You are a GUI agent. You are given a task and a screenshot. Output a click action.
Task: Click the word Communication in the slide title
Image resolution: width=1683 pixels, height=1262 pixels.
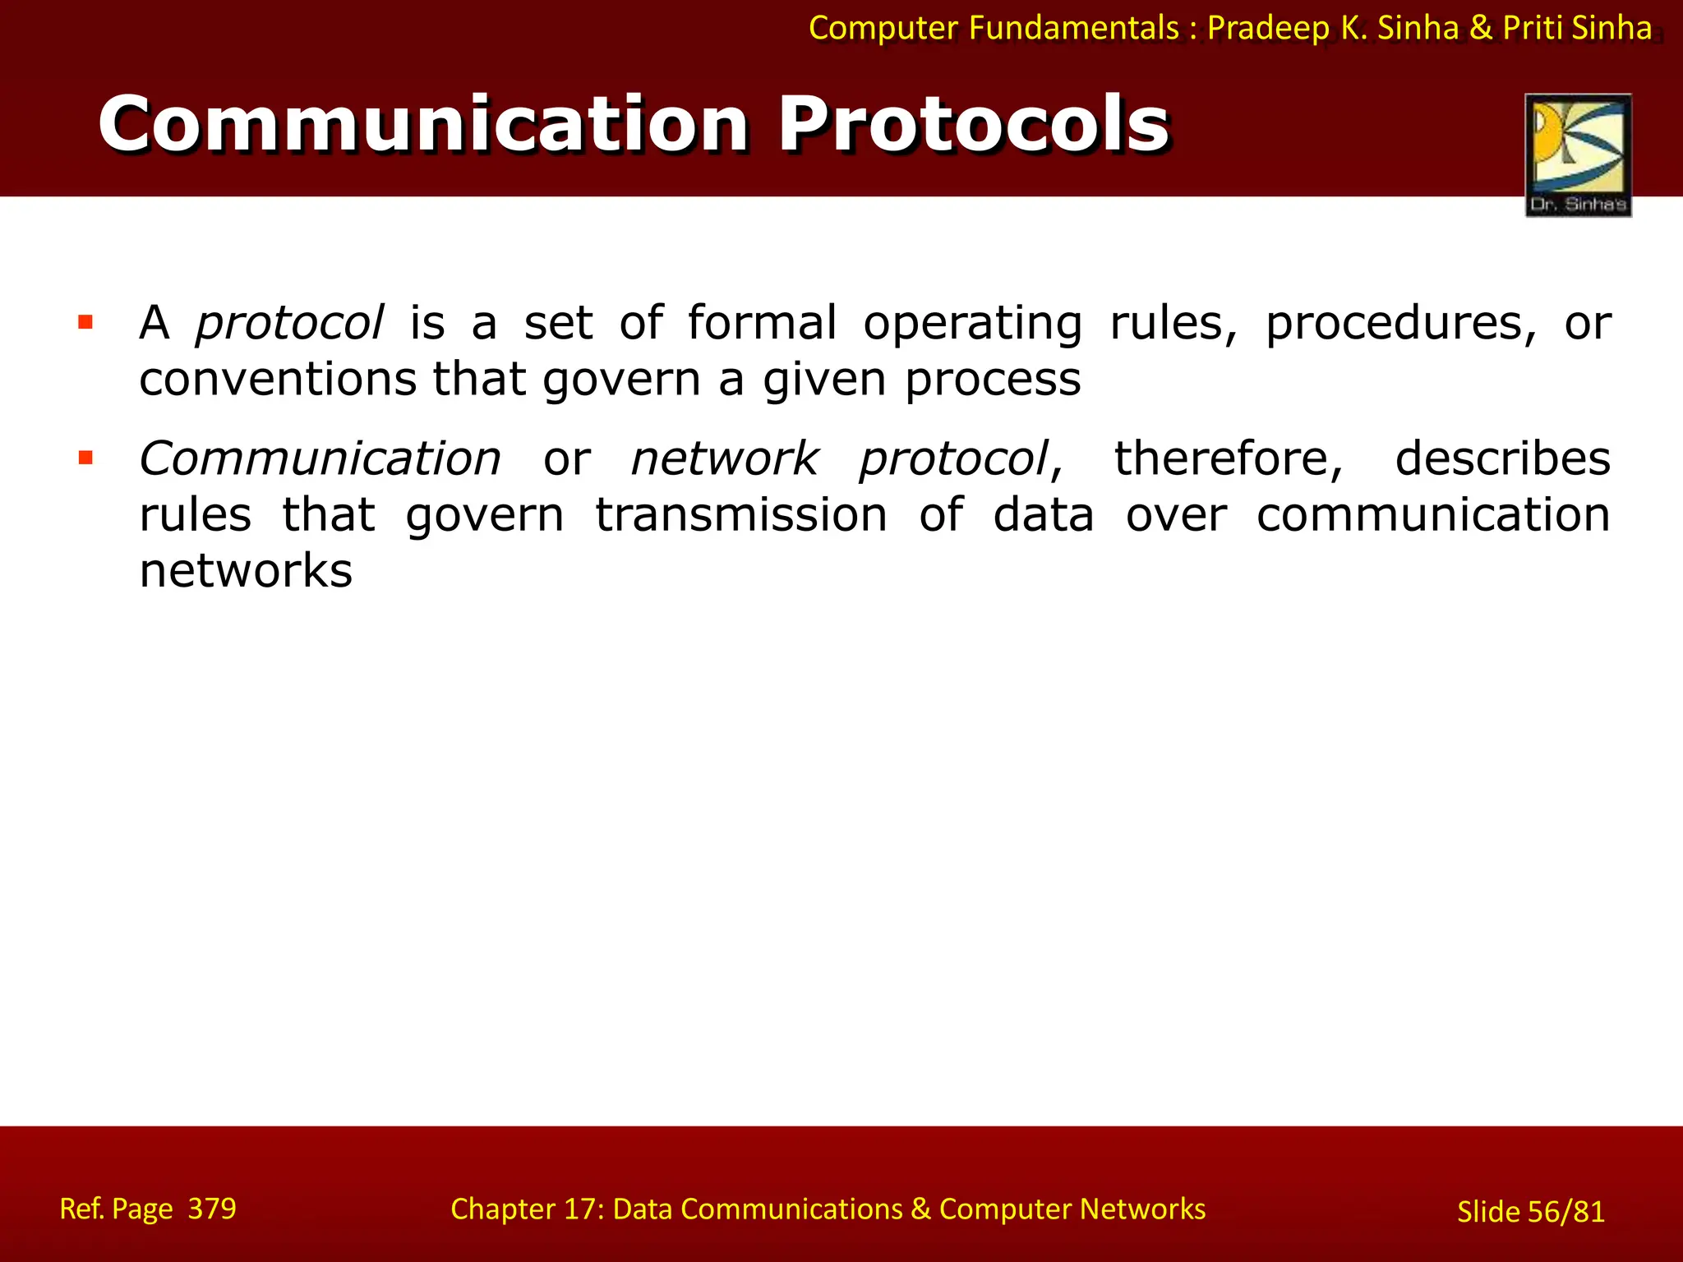point(423,125)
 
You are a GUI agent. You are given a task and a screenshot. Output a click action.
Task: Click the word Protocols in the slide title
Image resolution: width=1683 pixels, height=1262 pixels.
point(974,125)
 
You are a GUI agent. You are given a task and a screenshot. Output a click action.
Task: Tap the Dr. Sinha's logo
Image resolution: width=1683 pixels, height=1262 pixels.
point(1578,154)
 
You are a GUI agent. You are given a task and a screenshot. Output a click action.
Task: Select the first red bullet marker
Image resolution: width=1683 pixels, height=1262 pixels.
point(85,322)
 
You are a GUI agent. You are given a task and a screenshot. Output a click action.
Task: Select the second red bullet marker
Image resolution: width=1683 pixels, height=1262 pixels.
point(85,458)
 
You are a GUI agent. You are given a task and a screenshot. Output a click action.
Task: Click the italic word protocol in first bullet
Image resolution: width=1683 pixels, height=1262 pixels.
point(289,323)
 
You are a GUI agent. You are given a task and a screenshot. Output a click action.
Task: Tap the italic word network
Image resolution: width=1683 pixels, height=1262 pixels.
point(724,458)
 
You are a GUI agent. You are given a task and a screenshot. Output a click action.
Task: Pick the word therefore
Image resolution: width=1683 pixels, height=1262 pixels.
point(1229,458)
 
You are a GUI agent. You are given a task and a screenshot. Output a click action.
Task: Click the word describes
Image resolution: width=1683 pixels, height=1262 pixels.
point(1502,458)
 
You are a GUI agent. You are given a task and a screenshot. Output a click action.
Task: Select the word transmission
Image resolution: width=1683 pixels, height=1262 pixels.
point(740,515)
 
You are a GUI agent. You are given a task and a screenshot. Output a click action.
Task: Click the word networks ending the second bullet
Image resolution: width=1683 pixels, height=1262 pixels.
point(246,571)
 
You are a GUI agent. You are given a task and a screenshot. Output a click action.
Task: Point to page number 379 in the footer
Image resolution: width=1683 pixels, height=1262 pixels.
point(212,1209)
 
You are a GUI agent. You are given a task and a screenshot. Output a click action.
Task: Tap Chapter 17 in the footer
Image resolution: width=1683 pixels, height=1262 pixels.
point(527,1209)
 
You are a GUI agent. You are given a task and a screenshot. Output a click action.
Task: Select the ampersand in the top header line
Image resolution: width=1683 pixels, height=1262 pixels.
point(1480,29)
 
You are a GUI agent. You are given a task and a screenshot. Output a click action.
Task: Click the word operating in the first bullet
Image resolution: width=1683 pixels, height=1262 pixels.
point(972,323)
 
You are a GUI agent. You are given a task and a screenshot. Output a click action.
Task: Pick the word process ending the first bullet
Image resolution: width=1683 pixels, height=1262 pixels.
point(993,380)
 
